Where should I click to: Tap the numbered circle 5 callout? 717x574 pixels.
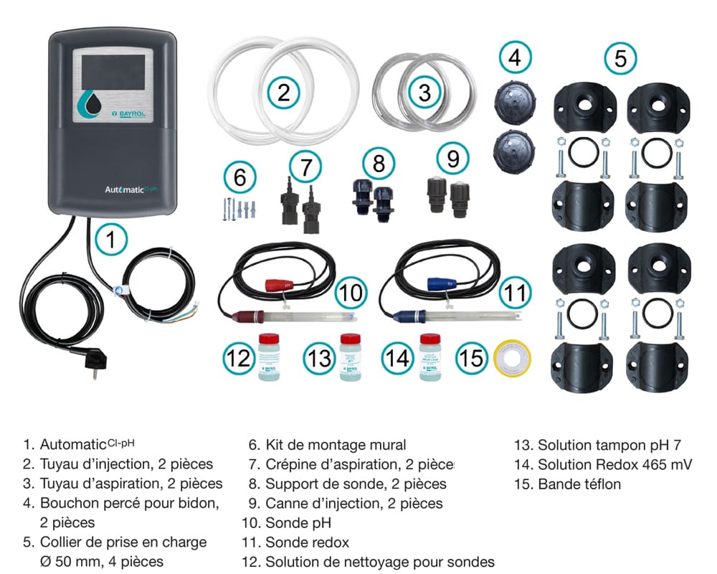pyautogui.click(x=620, y=58)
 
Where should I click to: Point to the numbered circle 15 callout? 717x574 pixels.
pyautogui.click(x=471, y=357)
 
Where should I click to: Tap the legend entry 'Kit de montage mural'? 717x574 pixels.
pyautogui.click(x=335, y=445)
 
